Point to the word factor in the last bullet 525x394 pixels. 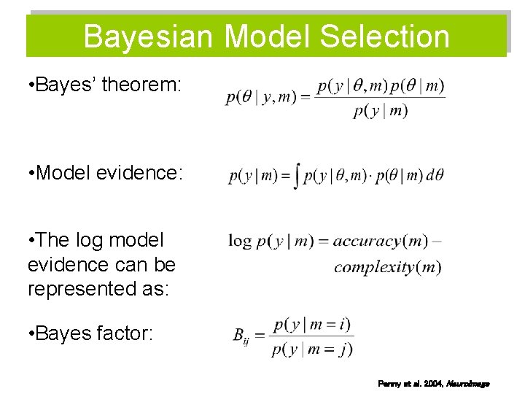126,333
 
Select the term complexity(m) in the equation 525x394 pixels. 387,267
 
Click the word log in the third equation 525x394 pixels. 240,241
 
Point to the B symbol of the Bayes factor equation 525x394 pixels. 238,335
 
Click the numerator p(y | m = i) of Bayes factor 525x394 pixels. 311,323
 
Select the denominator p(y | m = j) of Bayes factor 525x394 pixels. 311,349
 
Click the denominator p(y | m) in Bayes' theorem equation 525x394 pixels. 380,111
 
